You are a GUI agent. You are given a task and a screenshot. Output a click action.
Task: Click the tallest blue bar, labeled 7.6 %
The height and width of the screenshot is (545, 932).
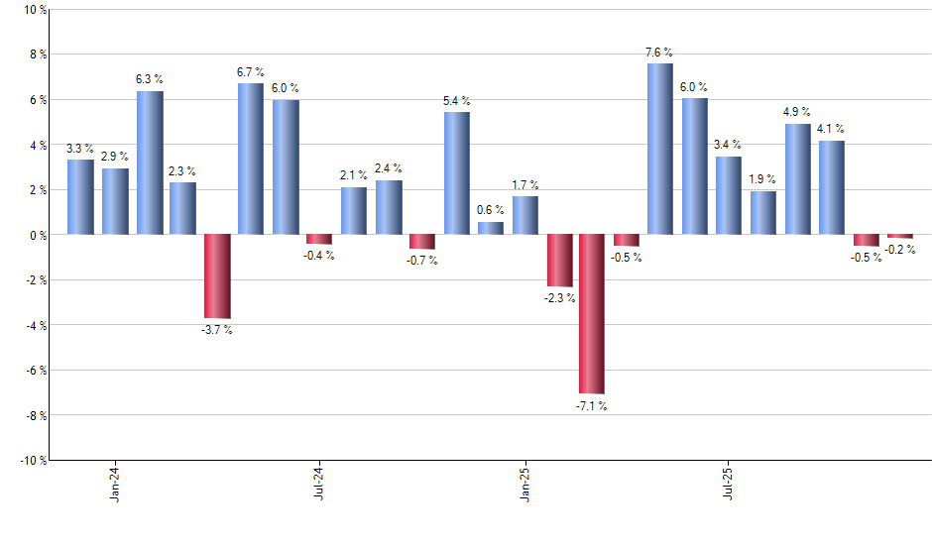tap(659, 149)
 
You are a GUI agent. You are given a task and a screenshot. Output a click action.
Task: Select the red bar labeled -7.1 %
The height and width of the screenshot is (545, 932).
tap(592, 313)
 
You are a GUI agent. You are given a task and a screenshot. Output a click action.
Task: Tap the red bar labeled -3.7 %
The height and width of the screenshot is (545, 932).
tap(217, 275)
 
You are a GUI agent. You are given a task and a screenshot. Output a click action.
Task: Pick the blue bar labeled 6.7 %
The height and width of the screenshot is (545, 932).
tap(251, 159)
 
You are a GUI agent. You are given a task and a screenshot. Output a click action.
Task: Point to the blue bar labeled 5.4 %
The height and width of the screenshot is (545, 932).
tap(456, 173)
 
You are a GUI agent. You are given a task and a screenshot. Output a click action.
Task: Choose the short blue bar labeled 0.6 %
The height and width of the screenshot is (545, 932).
tap(491, 228)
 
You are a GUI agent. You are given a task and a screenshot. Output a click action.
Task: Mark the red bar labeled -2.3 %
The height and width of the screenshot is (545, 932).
tap(559, 260)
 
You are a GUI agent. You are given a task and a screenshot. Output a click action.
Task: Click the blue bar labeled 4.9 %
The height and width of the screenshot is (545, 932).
tap(798, 179)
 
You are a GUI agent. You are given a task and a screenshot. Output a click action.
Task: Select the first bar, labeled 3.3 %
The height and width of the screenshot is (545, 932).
tap(80, 197)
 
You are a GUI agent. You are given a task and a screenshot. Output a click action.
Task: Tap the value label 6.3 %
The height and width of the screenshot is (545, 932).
tap(149, 78)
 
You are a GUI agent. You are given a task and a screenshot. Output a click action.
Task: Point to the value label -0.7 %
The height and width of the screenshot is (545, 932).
tap(423, 261)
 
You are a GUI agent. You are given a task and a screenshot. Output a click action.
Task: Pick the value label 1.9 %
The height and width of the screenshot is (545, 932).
tap(763, 179)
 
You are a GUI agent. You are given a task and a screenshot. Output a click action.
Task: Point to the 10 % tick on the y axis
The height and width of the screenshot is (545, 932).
tap(35, 10)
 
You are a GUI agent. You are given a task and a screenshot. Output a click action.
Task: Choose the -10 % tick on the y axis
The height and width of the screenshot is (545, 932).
tap(33, 460)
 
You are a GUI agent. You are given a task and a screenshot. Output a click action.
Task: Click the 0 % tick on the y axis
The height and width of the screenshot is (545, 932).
tap(38, 235)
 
